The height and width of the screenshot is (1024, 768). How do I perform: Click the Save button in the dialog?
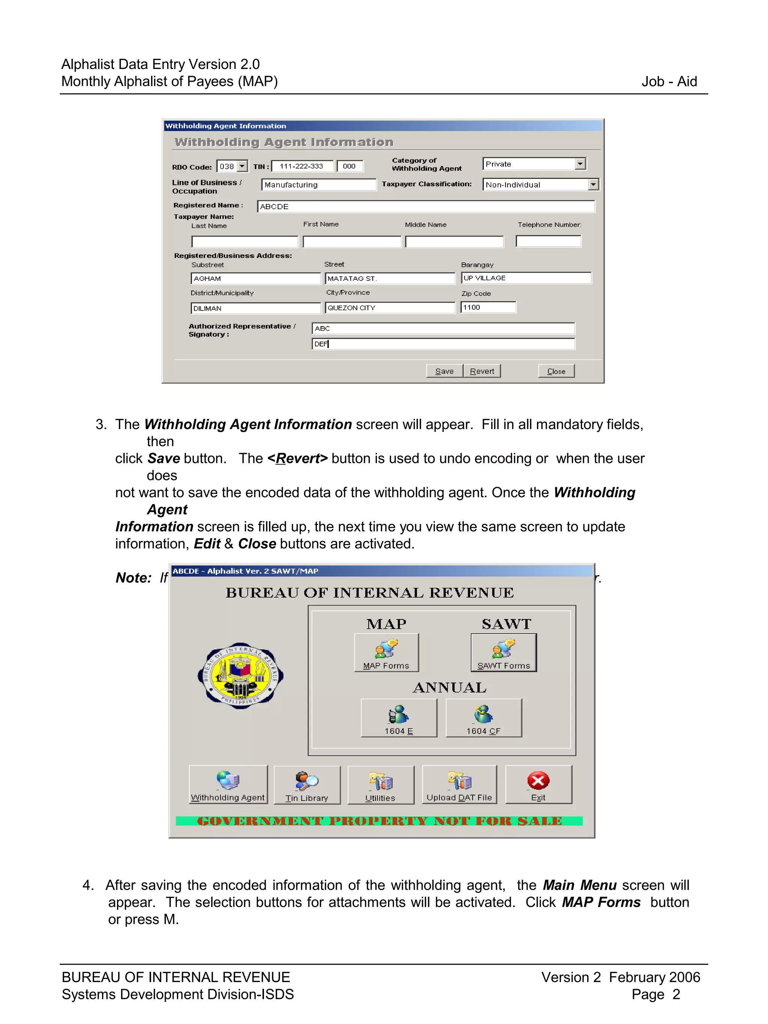point(444,371)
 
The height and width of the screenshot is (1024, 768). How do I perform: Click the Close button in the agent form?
point(556,371)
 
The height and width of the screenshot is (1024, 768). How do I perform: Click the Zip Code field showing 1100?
point(488,307)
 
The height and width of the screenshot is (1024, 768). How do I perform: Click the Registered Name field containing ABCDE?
point(425,207)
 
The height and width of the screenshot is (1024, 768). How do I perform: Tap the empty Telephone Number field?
point(548,241)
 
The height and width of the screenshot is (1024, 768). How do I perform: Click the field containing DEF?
point(443,344)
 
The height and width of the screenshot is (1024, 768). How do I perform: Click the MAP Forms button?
point(386,652)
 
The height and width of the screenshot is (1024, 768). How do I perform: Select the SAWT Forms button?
point(504,652)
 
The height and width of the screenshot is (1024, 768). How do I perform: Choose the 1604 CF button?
point(483,718)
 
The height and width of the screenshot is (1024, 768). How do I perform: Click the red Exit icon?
point(538,781)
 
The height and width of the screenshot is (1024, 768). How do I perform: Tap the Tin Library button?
point(307,785)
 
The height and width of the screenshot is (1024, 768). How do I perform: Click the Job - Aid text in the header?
point(669,81)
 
